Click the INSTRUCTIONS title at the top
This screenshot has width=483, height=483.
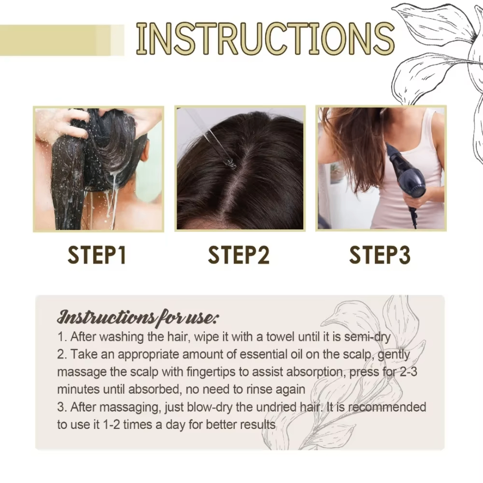tap(265, 39)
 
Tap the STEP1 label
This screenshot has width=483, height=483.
tap(97, 255)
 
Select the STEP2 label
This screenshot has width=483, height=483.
tap(239, 255)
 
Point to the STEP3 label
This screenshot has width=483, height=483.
tap(380, 255)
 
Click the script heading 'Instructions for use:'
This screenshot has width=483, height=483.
tap(138, 318)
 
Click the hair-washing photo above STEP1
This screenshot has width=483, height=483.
tap(98, 169)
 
